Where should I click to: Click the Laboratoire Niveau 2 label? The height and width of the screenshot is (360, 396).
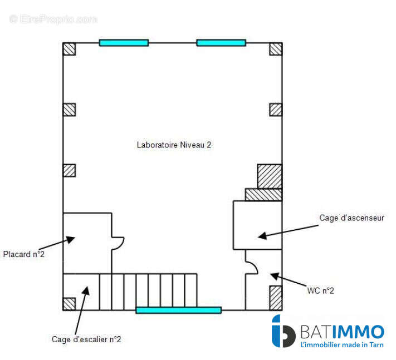[174, 145]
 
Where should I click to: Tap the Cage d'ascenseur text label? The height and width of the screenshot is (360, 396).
[351, 218]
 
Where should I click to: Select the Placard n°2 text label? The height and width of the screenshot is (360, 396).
[24, 254]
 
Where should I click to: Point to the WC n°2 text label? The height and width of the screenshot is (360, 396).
[320, 290]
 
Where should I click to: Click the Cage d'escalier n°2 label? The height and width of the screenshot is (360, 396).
[86, 339]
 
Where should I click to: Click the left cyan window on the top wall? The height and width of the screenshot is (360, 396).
[124, 43]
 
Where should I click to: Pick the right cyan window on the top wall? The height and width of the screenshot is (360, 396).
[221, 43]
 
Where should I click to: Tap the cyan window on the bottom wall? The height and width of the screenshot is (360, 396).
[179, 310]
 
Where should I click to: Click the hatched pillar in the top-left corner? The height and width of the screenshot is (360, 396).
[69, 49]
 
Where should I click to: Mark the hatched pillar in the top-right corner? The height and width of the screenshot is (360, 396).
[276, 49]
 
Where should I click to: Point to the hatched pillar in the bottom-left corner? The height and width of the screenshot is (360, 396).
[69, 304]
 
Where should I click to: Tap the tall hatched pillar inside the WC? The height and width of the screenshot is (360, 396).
[276, 298]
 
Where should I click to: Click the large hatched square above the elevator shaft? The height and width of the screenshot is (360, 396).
[270, 176]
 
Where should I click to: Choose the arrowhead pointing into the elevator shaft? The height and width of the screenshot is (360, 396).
[263, 235]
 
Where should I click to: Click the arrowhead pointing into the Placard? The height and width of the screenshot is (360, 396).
[71, 239]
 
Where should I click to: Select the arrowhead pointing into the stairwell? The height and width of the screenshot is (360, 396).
[86, 290]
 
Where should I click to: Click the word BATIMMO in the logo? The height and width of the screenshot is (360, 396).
[343, 332]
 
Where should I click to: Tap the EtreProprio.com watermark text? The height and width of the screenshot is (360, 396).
[53, 19]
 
